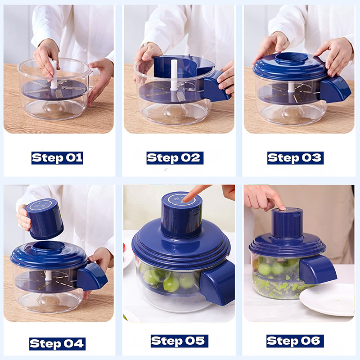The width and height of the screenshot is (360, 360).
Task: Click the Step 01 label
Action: click(x=57, y=158)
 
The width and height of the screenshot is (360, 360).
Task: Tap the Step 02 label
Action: click(x=175, y=158)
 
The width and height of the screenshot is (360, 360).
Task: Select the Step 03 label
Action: click(x=295, y=158)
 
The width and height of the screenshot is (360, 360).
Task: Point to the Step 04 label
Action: click(x=58, y=344)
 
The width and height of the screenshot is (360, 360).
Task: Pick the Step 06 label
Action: click(x=295, y=341)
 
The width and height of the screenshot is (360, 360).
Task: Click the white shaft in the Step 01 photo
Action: click(x=53, y=74)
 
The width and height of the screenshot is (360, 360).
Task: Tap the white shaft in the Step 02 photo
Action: click(x=174, y=75)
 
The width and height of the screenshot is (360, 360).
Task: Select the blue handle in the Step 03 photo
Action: click(x=335, y=89)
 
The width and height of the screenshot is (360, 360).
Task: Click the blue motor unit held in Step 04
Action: click(x=44, y=219)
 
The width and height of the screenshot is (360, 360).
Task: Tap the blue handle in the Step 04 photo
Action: click(x=92, y=277)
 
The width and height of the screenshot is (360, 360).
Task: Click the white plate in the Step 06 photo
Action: click(x=327, y=299)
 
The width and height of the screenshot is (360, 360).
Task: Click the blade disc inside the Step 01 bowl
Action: click(x=54, y=90)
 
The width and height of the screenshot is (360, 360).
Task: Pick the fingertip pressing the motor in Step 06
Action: click(x=282, y=208)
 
